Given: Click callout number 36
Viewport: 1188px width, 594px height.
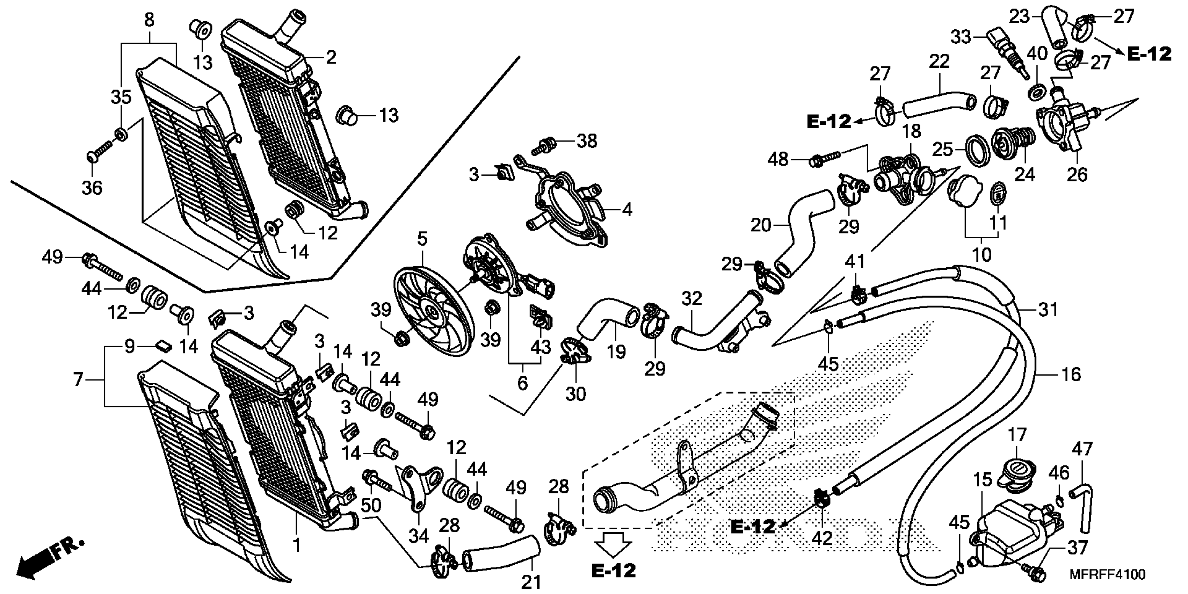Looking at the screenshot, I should pyautogui.click(x=92, y=188).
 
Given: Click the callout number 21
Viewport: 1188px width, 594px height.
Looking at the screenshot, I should pyautogui.click(x=531, y=582).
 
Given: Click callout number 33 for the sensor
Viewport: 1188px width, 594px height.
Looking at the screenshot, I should pyautogui.click(x=961, y=37).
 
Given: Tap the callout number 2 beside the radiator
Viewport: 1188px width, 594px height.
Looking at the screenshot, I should pyautogui.click(x=331, y=57).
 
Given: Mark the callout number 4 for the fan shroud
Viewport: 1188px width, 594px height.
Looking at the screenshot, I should pyautogui.click(x=627, y=210).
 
